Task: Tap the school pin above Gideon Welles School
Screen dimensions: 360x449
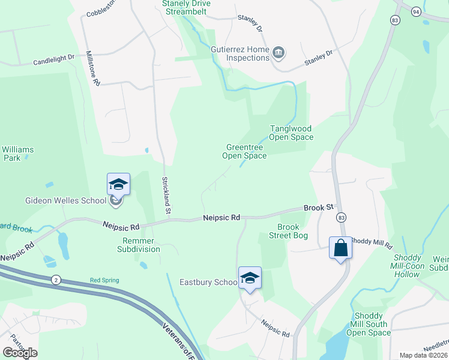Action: click(118, 184)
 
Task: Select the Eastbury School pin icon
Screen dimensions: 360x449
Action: click(250, 278)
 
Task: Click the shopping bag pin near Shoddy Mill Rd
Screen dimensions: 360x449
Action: click(340, 247)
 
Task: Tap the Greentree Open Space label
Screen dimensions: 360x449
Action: click(244, 151)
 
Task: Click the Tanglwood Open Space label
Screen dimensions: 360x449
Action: click(291, 133)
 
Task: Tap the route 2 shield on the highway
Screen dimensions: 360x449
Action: click(56, 280)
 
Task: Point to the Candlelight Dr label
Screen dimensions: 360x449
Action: click(53, 61)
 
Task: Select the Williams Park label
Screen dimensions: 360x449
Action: click(18, 154)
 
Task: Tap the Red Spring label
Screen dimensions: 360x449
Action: click(104, 280)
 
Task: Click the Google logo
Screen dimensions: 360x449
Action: click(20, 353)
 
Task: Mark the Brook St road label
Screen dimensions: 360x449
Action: click(318, 207)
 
